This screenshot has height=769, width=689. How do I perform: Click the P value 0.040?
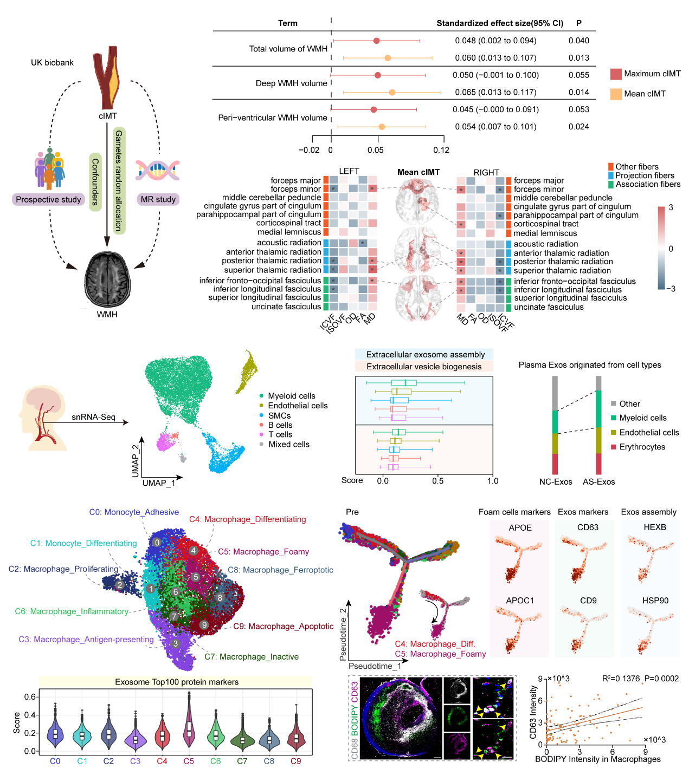(578, 41)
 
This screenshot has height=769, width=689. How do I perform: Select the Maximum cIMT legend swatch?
(616, 74)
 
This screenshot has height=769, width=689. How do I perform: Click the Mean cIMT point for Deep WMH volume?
(392, 93)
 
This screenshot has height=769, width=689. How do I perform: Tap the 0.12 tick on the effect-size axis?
(441, 150)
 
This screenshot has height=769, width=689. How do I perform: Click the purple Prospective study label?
(48, 199)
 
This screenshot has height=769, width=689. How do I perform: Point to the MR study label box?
(158, 199)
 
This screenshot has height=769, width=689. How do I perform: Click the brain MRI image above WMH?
(107, 279)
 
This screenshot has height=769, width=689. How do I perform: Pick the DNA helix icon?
(157, 170)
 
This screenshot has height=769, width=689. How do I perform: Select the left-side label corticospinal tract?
(288, 223)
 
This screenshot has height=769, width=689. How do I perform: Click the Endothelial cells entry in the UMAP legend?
(298, 406)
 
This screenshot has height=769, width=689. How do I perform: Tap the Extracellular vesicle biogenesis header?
(424, 367)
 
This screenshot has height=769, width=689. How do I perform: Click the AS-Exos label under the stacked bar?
(598, 481)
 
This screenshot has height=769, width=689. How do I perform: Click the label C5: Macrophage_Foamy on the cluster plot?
(263, 552)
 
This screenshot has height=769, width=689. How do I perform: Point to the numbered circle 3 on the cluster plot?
(176, 643)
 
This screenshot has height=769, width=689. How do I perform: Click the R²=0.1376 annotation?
(621, 679)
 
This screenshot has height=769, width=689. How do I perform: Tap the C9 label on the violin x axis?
(295, 761)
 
